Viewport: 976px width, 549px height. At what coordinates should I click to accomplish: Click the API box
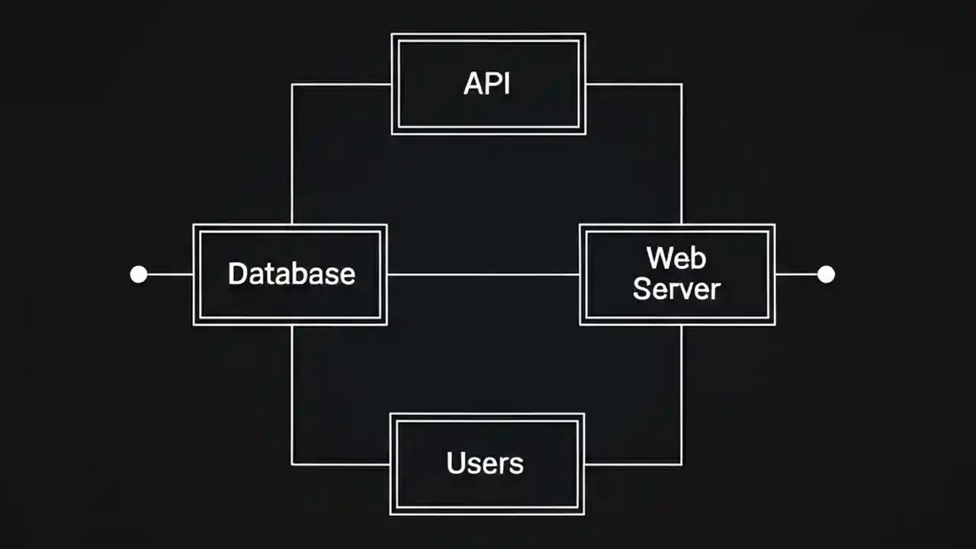pos(488,84)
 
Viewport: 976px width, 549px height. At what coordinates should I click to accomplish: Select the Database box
pos(291,274)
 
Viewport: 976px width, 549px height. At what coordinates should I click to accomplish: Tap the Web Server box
pos(677,274)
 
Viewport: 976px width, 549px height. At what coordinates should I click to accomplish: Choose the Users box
pos(486,464)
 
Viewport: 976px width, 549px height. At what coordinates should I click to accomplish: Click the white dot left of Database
pos(139,274)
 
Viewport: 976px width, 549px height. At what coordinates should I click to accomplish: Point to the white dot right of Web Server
pos(826,274)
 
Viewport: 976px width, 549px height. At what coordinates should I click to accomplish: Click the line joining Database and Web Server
pos(483,274)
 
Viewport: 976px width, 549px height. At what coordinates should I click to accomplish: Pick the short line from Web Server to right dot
pos(796,274)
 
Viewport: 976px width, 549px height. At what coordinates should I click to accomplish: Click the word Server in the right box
pos(677,290)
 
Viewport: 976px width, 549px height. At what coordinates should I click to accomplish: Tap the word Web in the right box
pos(676,258)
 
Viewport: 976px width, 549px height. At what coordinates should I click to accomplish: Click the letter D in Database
pos(237,274)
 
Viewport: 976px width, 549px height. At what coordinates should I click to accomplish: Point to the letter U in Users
pos(455,463)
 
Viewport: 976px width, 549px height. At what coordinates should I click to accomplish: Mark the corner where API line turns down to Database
pos(292,85)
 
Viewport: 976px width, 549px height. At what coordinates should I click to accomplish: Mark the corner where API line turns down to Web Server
pos(681,85)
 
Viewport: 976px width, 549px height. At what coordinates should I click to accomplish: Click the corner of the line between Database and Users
pos(292,464)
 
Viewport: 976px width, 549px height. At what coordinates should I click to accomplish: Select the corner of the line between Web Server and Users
pos(681,464)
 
